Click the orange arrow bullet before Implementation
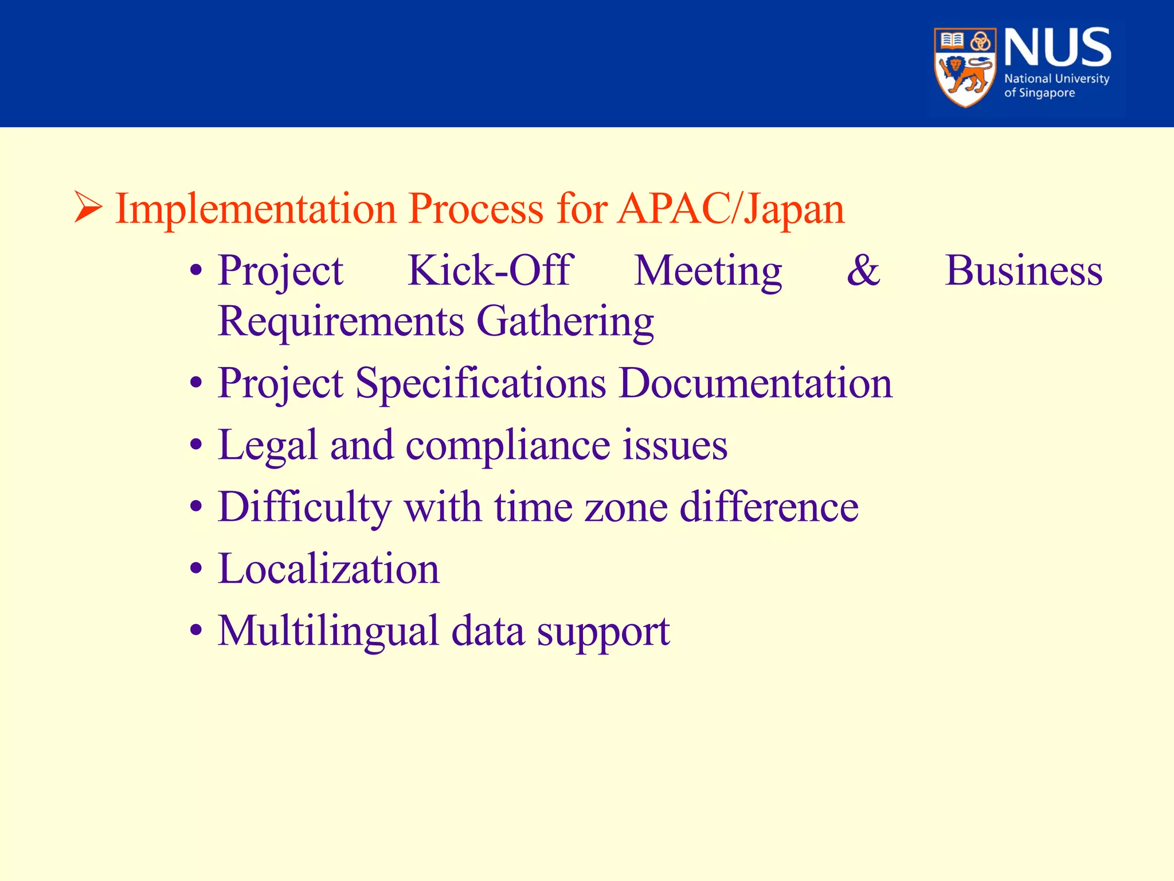pyautogui.click(x=88, y=208)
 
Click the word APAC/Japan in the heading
pyautogui.click(x=731, y=209)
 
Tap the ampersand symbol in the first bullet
pyautogui.click(x=863, y=270)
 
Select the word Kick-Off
pyautogui.click(x=490, y=270)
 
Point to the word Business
pyautogui.click(x=1023, y=270)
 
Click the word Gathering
pyautogui.click(x=565, y=321)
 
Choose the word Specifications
pyautogui.click(x=480, y=383)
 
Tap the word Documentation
pyautogui.click(x=756, y=383)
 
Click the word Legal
pyautogui.click(x=267, y=445)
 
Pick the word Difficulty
pyautogui.click(x=304, y=507)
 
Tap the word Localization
pyautogui.click(x=328, y=569)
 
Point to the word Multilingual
pyautogui.click(x=328, y=631)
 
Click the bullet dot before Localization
pyautogui.click(x=196, y=569)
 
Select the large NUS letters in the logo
pyautogui.click(x=1057, y=48)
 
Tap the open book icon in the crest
pyautogui.click(x=952, y=41)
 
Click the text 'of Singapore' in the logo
pyautogui.click(x=1039, y=93)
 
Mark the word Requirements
pyautogui.click(x=341, y=321)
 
